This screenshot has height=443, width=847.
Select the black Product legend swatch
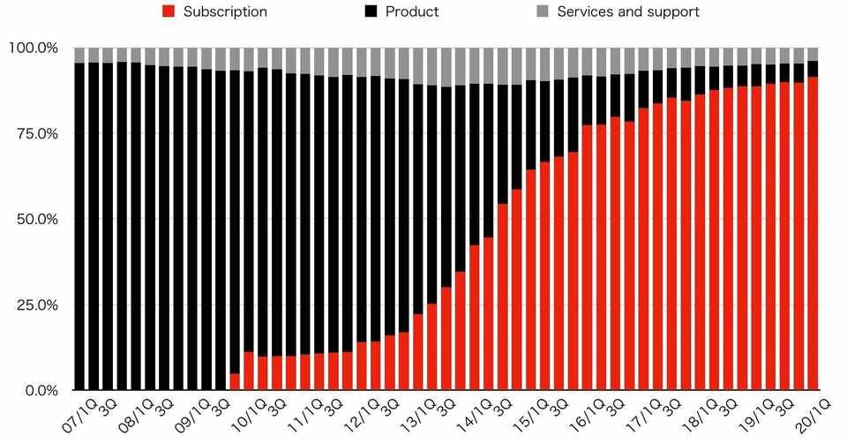[x=371, y=11]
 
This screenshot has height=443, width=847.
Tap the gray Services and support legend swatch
[x=543, y=11]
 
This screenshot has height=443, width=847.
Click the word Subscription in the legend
[x=226, y=12]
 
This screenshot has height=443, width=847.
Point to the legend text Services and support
[x=628, y=12]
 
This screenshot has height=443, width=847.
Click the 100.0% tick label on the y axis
[x=34, y=48]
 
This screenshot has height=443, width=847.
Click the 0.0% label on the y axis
[x=41, y=391]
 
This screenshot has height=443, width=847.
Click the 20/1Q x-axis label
[x=814, y=412]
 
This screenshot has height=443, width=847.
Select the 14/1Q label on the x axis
[x=476, y=412]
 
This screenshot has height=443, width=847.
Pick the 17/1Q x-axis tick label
[x=645, y=412]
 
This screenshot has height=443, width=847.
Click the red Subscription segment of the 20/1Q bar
[x=813, y=234]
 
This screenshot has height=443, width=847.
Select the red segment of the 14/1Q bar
[x=475, y=319]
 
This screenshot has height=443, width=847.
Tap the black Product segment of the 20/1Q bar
[x=813, y=69]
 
